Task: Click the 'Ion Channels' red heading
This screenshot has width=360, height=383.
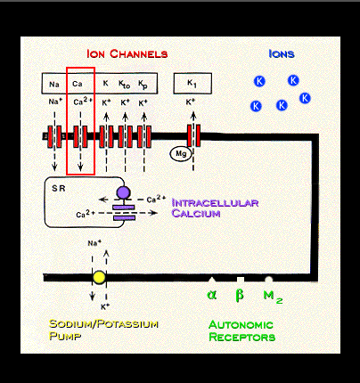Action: (x=127, y=53)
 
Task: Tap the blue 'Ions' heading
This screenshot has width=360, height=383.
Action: (x=282, y=53)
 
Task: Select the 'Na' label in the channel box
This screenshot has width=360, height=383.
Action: (x=54, y=85)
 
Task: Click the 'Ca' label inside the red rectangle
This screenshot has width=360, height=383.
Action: (x=78, y=84)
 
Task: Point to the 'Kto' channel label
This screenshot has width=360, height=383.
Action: (x=124, y=85)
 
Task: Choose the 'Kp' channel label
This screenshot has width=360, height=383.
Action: (x=143, y=85)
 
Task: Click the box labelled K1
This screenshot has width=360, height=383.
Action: (x=192, y=84)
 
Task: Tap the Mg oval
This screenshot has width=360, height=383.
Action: (x=181, y=154)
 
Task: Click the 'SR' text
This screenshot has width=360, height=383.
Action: (x=59, y=188)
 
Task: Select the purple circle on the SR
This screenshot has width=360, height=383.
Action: (x=123, y=192)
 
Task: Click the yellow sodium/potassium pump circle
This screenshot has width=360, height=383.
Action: (x=99, y=277)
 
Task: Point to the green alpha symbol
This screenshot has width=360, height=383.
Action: (x=212, y=295)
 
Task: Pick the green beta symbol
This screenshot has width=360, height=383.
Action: (x=240, y=296)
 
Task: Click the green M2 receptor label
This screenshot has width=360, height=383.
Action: (x=273, y=297)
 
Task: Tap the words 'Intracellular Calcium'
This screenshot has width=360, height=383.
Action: (x=215, y=208)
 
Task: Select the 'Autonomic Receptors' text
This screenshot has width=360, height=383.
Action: (x=241, y=330)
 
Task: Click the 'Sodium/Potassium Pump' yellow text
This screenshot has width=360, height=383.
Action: (x=103, y=330)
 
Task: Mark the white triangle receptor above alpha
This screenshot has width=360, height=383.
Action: (x=211, y=280)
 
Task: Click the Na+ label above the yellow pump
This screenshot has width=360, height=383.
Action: (x=94, y=243)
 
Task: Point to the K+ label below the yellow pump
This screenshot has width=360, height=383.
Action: (x=105, y=306)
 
